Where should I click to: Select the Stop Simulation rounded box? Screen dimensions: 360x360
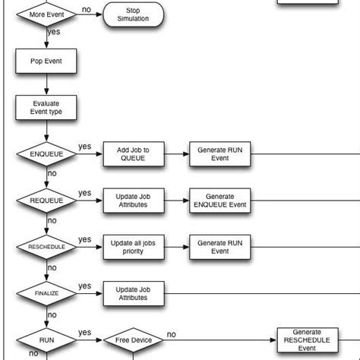134,14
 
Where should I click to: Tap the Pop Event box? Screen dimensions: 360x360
46,61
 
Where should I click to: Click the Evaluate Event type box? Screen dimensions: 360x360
46,107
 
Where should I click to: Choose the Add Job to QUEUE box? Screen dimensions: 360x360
133,154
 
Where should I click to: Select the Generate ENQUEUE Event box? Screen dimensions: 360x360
219,201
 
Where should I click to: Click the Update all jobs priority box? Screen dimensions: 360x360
133,247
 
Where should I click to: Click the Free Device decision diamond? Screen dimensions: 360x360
133,340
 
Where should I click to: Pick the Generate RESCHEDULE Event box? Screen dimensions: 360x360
306,340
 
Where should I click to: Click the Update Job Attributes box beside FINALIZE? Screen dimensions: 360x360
133,293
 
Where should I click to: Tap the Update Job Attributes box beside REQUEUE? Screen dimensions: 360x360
133,201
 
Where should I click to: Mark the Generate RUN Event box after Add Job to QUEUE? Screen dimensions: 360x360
219,154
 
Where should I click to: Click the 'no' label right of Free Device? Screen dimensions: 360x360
172,334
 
